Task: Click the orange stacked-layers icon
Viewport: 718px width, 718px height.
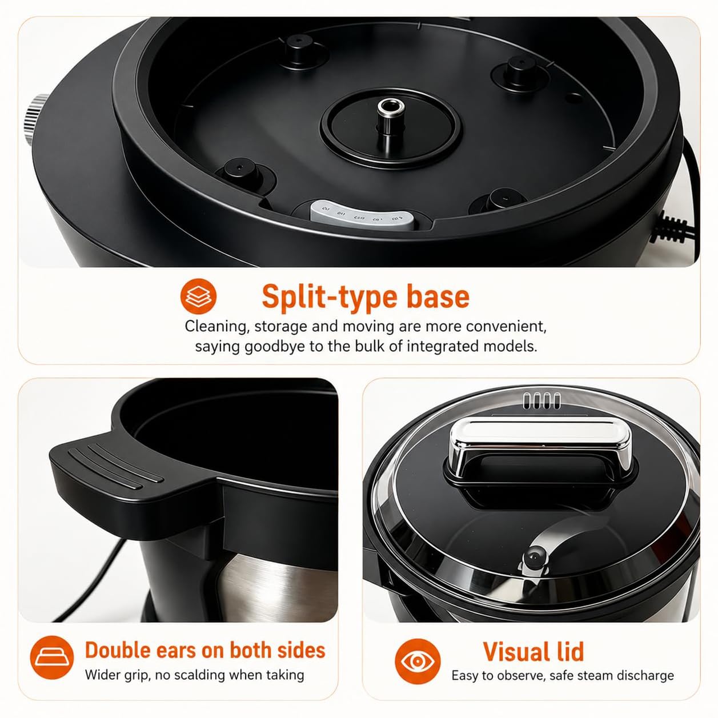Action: tap(198, 296)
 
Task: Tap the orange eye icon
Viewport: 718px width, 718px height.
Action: tap(418, 661)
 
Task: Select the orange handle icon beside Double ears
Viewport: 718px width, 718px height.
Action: tap(52, 657)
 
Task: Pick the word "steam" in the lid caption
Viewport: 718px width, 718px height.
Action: tap(590, 675)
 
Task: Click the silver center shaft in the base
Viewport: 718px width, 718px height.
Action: tap(390, 120)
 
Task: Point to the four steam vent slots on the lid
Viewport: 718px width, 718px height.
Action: tap(541, 400)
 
